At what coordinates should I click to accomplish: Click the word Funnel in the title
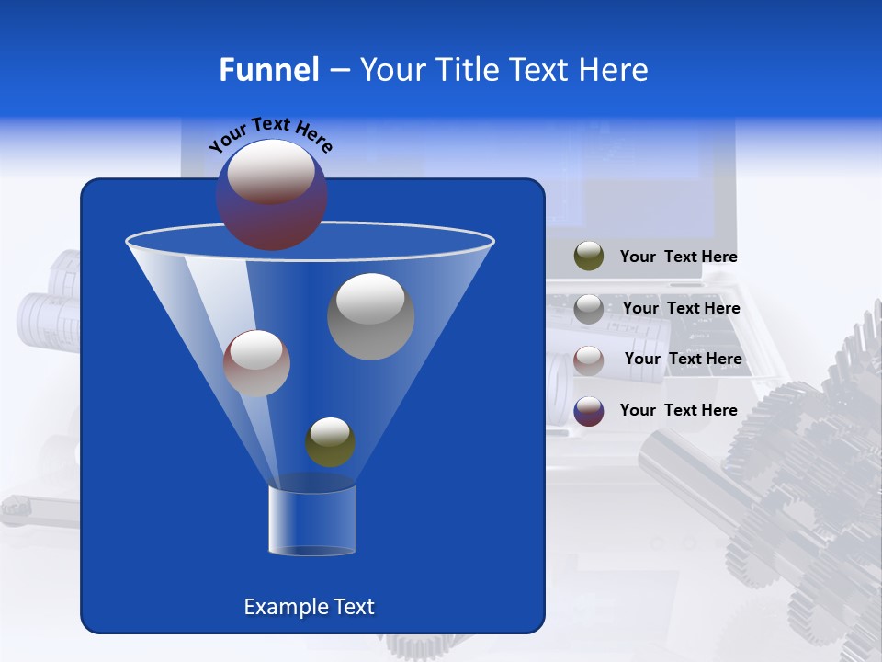pyautogui.click(x=268, y=70)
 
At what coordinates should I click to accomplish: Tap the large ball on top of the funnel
pyautogui.click(x=272, y=195)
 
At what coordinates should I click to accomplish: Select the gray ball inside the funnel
pyautogui.click(x=370, y=316)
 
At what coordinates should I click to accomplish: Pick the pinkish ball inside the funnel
pyautogui.click(x=256, y=363)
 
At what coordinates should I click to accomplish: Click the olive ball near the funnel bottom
pyautogui.click(x=330, y=442)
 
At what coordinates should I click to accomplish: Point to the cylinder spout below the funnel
pyautogui.click(x=311, y=520)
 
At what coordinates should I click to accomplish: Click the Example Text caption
pyautogui.click(x=309, y=607)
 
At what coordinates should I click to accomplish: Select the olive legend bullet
pyautogui.click(x=589, y=257)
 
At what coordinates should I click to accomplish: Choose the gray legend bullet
pyautogui.click(x=589, y=309)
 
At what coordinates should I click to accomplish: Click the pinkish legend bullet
pyautogui.click(x=589, y=360)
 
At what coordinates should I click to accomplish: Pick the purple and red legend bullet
pyautogui.click(x=589, y=411)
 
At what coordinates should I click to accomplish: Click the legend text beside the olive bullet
pyautogui.click(x=678, y=257)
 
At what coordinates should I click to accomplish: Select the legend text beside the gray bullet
pyautogui.click(x=681, y=309)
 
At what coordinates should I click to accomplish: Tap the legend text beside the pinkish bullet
pyautogui.click(x=683, y=360)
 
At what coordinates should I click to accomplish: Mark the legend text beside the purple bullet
pyautogui.click(x=678, y=411)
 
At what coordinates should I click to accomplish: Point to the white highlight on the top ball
pyautogui.click(x=271, y=172)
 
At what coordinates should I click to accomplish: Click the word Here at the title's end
pyautogui.click(x=615, y=70)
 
